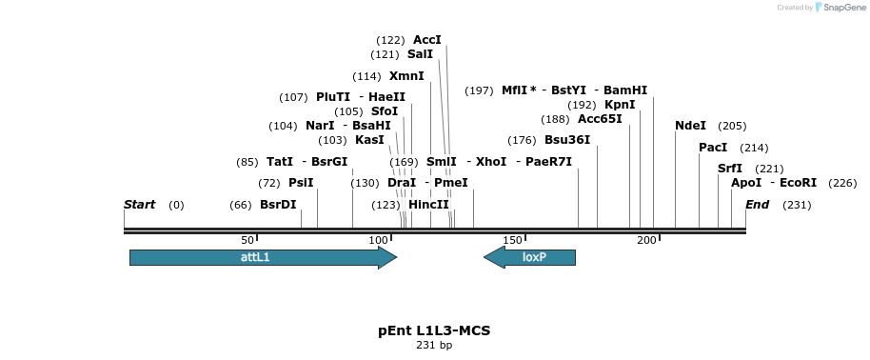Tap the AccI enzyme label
427,40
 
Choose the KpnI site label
620,105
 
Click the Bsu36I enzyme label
567,140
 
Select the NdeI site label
691,126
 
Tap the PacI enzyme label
713,148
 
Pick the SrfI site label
730,169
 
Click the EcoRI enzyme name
799,183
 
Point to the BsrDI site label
278,205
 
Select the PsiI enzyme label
301,183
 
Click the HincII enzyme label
428,205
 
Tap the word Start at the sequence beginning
139,205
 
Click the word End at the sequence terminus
757,205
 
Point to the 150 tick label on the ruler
511,240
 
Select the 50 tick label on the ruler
247,240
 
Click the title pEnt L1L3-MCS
434,330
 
